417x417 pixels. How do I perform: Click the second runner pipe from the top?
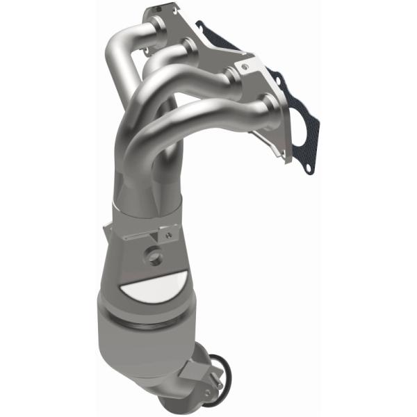tap(183, 49)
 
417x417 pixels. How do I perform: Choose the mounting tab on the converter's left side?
tap(108, 233)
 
